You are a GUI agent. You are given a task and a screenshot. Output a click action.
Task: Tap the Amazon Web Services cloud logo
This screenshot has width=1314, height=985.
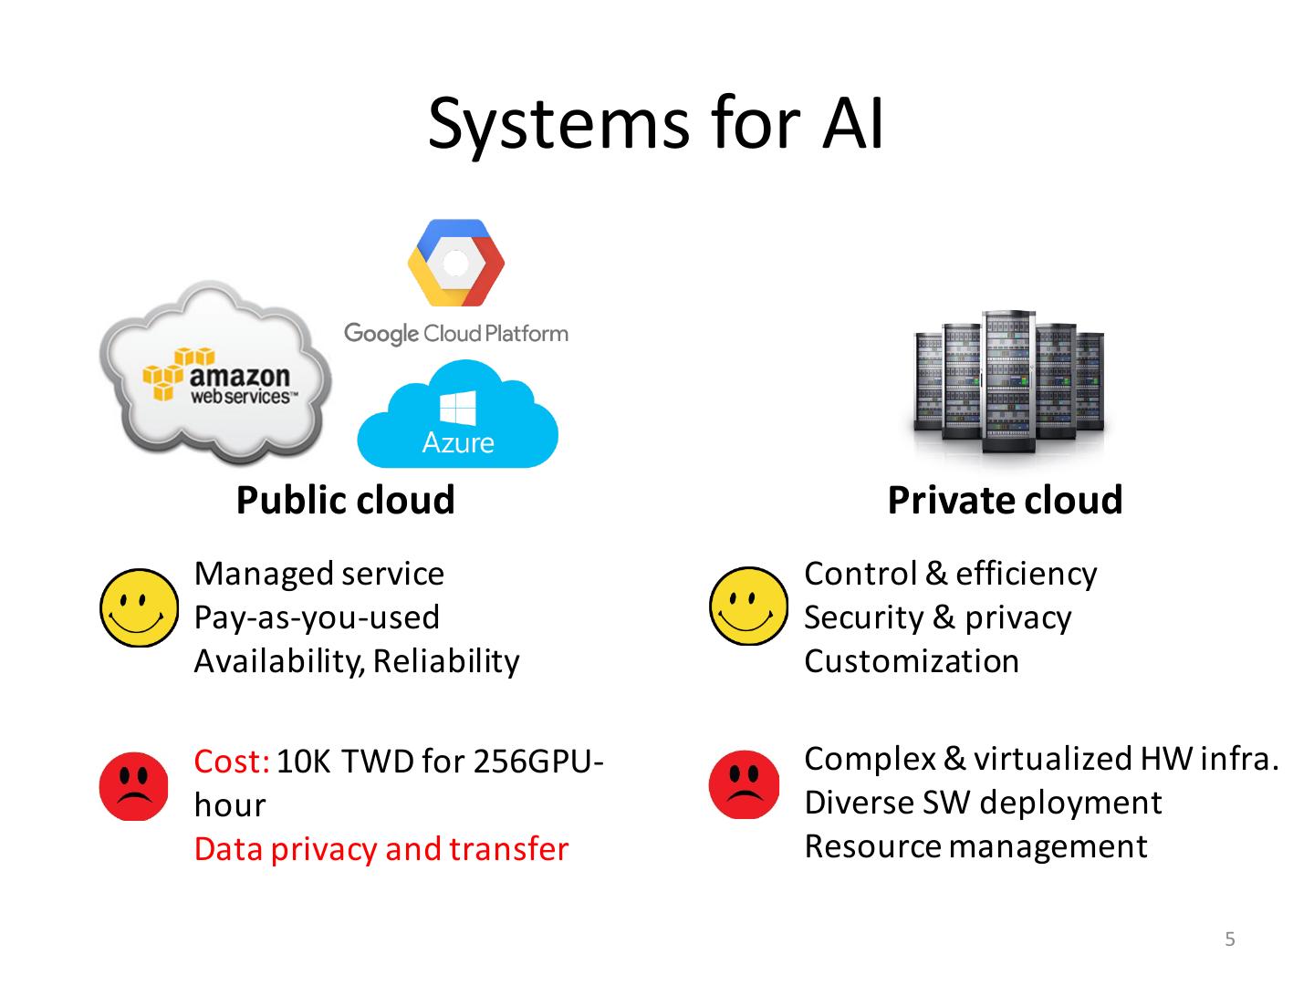[x=216, y=374]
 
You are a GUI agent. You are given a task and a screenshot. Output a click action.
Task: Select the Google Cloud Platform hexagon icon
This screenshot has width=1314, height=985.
[x=455, y=264]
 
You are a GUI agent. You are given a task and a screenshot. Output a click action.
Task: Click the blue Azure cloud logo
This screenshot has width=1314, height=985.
[x=457, y=418]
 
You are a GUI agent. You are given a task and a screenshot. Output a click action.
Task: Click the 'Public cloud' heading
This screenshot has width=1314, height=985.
[x=345, y=500]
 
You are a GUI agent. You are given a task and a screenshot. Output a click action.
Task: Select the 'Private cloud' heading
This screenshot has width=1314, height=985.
[x=1005, y=500]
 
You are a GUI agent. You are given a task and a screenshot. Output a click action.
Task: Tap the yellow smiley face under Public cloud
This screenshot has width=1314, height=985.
[x=139, y=607]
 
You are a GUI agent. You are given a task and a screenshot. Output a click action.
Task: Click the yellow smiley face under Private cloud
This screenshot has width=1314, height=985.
[x=748, y=606]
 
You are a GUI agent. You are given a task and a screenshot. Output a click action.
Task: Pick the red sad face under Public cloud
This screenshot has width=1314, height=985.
[x=134, y=786]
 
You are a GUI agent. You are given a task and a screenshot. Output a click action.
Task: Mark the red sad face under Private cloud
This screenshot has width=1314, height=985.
[x=745, y=784]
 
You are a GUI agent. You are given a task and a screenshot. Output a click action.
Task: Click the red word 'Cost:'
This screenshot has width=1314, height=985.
[x=232, y=761]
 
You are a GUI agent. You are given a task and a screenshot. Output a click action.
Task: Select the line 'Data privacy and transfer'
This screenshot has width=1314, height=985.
[x=381, y=849]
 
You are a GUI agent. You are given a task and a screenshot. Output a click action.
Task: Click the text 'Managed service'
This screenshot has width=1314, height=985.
[x=318, y=574]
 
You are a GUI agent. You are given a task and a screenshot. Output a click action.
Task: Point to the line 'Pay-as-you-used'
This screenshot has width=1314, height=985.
[x=316, y=617]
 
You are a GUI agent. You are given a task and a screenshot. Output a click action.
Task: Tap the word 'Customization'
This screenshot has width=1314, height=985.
[x=911, y=661]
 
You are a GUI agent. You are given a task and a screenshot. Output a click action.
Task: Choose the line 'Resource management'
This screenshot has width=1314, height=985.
[x=975, y=846]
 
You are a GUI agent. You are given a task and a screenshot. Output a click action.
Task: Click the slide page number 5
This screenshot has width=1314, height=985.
[x=1230, y=939]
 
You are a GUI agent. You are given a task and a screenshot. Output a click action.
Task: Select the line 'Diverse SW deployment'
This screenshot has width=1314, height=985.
[x=983, y=803]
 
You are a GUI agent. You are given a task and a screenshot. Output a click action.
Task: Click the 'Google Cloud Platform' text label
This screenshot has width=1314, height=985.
[x=455, y=334]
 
